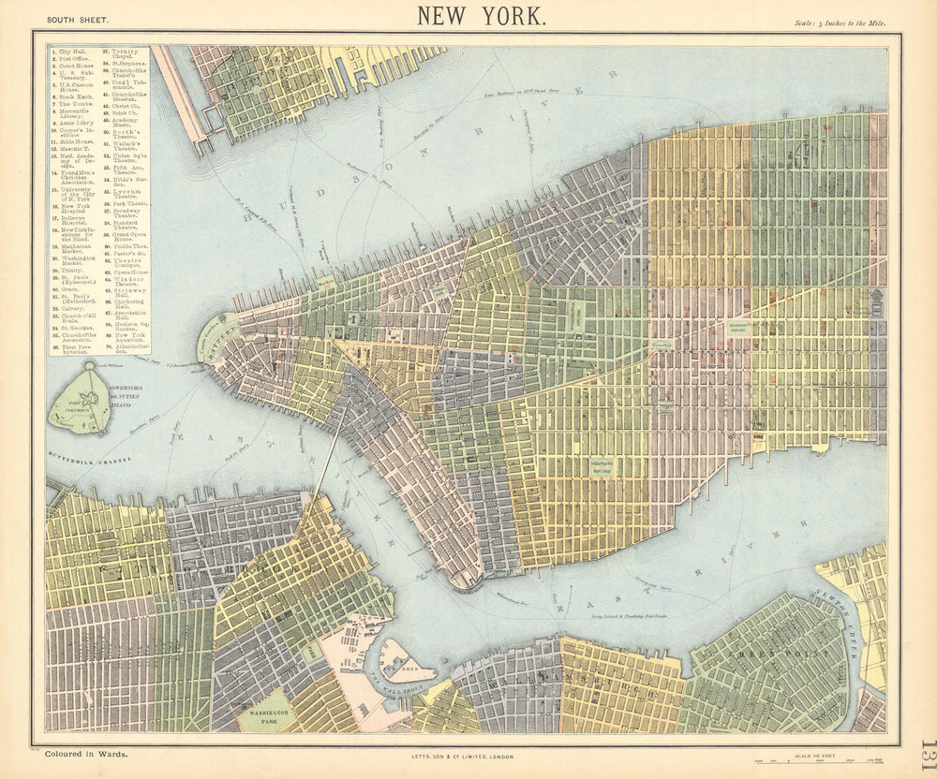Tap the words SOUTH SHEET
coord(78,19)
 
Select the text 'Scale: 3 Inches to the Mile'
coord(839,22)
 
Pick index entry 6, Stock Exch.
coord(75,95)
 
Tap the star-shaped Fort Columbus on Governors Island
coord(83,400)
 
